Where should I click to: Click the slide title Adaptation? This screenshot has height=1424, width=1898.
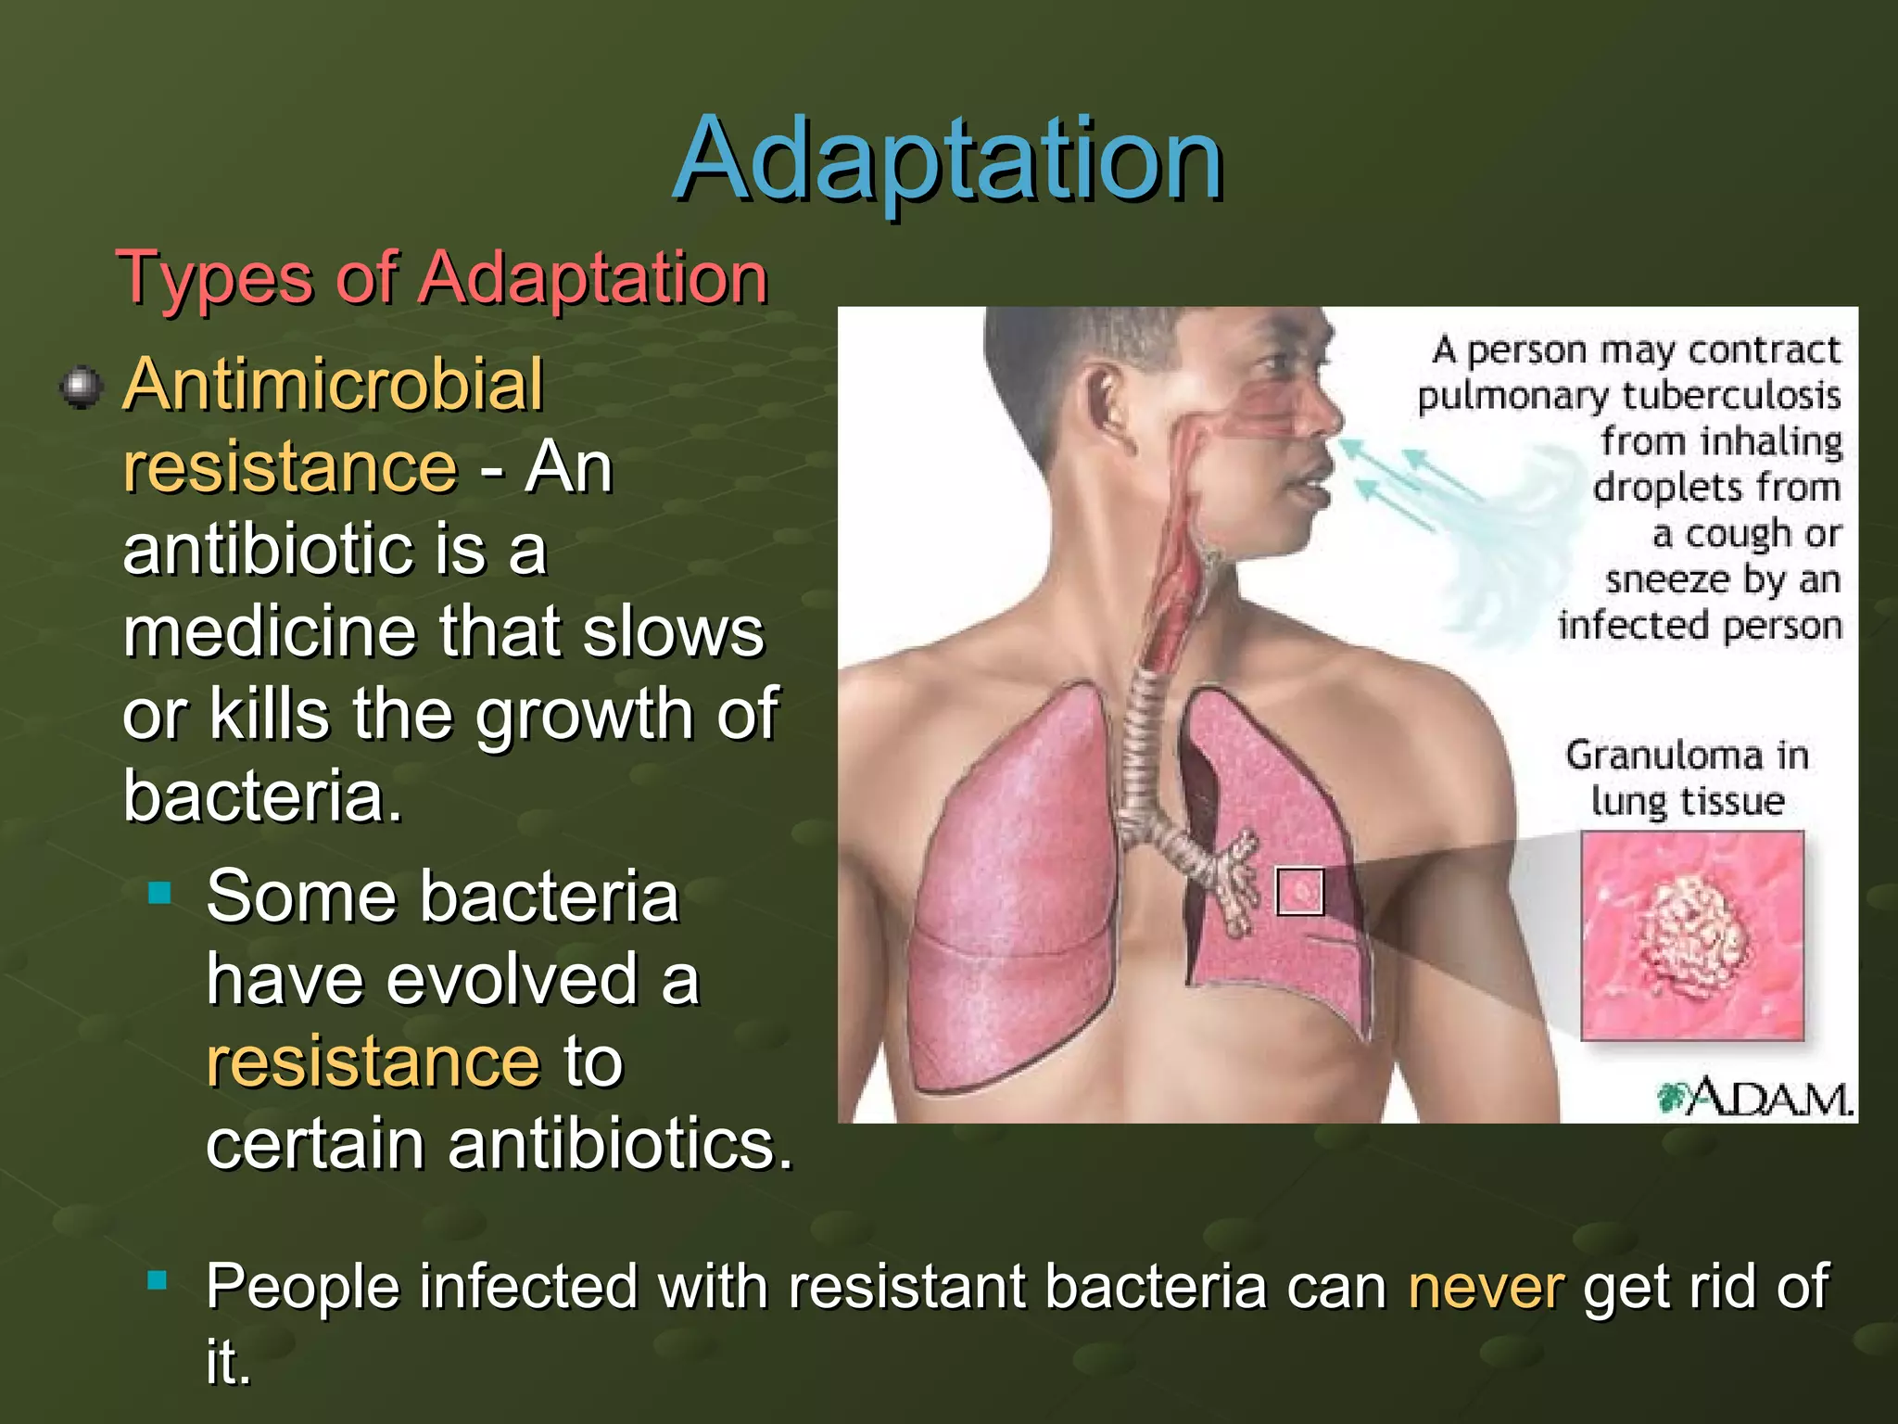pos(947,159)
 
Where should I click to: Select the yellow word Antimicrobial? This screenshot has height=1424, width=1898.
pos(333,385)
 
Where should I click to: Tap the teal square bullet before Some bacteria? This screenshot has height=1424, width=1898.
pos(160,893)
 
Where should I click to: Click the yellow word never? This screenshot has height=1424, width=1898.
pos(1486,1287)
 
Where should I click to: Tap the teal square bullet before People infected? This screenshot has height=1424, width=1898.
pos(158,1282)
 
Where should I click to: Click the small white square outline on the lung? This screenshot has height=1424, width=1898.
pos(1300,892)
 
